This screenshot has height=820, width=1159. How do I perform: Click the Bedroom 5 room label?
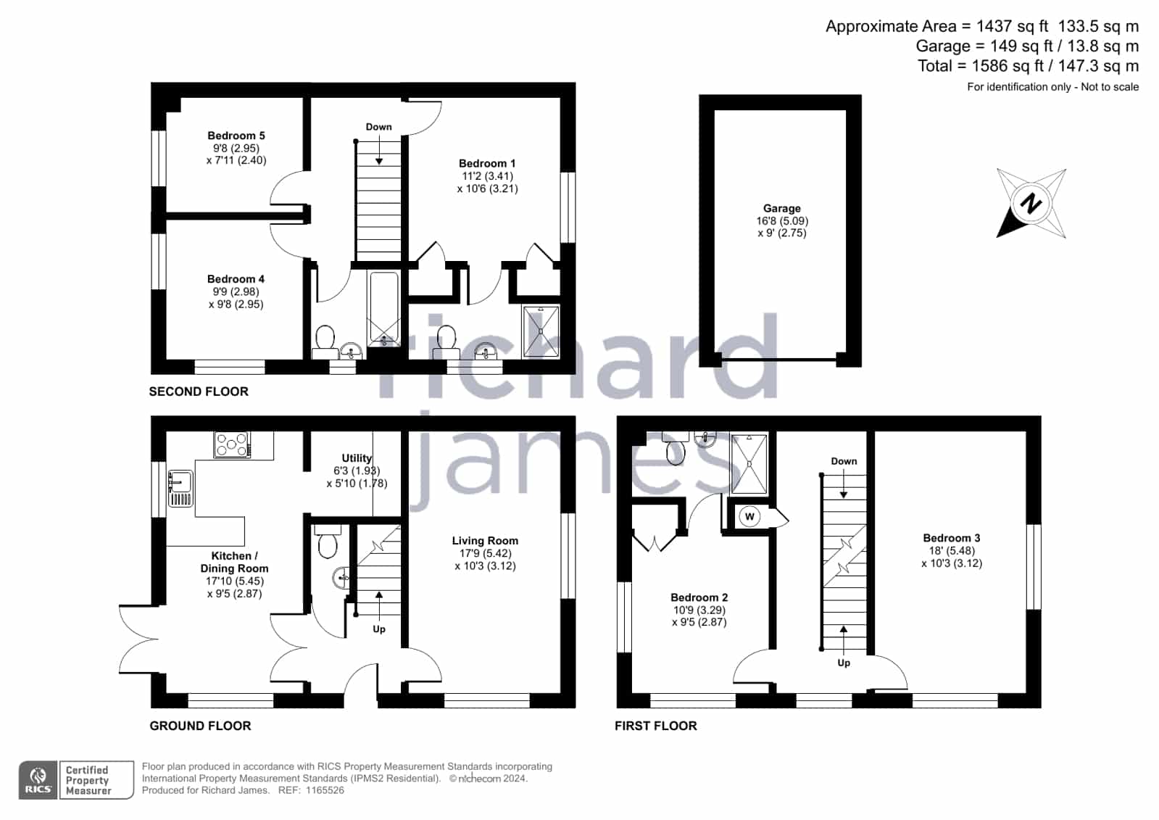tap(236, 136)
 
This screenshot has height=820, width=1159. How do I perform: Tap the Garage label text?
tap(782, 208)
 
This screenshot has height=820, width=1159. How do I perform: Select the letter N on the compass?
tap(1031, 203)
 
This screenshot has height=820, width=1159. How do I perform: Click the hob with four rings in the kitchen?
tap(233, 444)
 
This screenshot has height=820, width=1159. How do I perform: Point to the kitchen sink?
tap(180, 488)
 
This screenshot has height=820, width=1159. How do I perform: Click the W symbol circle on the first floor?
tap(749, 516)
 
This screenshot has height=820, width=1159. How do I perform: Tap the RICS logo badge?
tap(38, 779)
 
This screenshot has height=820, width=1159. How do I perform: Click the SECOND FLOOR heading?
tap(199, 392)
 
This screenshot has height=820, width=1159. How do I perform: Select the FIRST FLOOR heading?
tap(655, 726)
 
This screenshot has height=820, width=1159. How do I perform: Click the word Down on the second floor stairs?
tap(379, 127)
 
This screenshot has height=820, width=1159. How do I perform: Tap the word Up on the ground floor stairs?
tap(379, 629)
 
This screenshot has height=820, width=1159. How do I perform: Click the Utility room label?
tap(357, 458)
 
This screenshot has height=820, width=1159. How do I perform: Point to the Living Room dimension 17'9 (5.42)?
tap(485, 553)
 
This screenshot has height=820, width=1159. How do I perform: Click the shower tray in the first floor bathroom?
tap(749, 464)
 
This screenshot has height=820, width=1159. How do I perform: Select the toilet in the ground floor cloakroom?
tap(328, 542)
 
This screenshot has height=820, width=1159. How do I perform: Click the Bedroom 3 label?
tap(952, 538)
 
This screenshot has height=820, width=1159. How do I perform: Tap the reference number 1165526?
tap(325, 790)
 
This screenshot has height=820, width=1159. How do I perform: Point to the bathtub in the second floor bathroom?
tap(384, 309)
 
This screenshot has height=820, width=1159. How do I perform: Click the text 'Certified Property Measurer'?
tap(88, 780)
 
